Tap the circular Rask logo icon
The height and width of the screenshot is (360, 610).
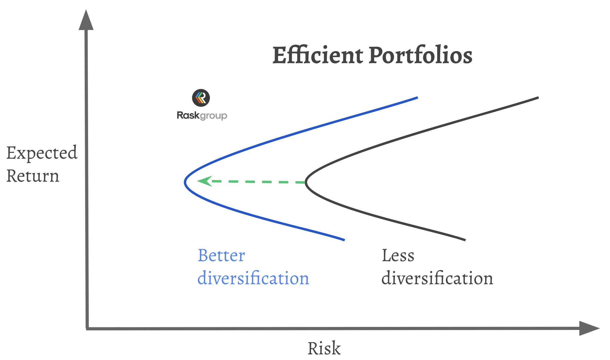point(201,98)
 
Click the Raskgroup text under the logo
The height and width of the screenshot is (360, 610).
point(202,116)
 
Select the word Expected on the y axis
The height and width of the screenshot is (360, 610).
point(42,154)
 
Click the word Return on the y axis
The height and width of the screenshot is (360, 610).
point(33,176)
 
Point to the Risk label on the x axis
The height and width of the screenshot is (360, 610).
point(324,348)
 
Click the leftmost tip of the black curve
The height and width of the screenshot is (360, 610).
point(306,182)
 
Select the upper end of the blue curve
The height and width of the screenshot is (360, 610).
point(417,98)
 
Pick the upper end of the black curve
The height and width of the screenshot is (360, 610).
point(538,98)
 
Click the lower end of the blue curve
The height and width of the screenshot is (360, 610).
point(344,240)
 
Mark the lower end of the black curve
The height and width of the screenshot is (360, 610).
point(465,240)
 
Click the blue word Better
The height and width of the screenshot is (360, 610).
point(221,255)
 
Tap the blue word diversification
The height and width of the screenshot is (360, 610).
point(253,278)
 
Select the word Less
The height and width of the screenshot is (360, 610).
point(398,255)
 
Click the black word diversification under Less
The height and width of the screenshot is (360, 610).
point(437,278)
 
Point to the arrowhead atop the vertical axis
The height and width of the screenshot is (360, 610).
point(86,19)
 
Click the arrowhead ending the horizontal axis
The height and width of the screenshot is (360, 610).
point(589,328)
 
